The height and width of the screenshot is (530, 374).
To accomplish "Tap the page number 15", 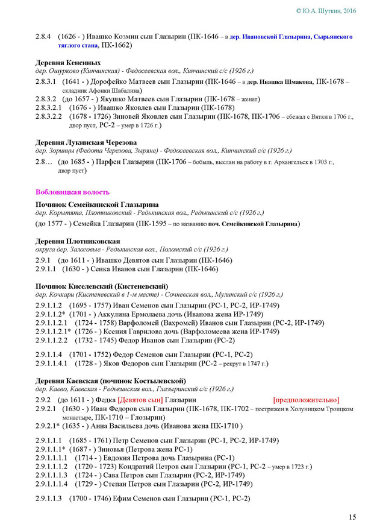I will [x=352, y=517].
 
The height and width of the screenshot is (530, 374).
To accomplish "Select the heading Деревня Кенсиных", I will [x=68, y=63].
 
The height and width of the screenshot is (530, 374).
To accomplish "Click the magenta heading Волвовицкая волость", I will [x=72, y=192].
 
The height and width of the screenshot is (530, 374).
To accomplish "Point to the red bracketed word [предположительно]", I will [x=306, y=400].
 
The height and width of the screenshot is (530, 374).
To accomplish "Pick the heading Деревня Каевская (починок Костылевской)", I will [x=110, y=381].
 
